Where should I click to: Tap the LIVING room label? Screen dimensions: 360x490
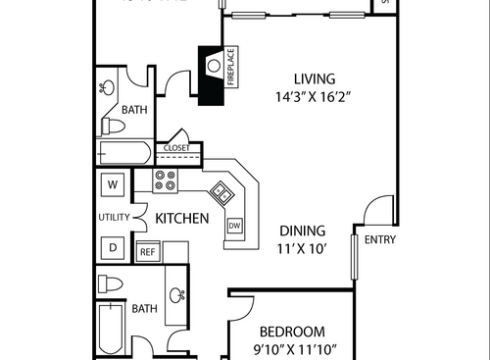315,78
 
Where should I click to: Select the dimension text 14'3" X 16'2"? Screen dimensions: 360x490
315,97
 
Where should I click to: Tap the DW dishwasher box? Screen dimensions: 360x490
234,226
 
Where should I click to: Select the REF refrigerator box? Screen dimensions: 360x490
147,251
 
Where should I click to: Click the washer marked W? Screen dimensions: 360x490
113,183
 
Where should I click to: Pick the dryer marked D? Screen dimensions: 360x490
113,248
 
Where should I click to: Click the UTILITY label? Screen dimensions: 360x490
114,217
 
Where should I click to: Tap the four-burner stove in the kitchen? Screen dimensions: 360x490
165,180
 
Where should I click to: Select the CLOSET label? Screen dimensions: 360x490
176,148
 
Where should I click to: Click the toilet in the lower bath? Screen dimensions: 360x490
112,285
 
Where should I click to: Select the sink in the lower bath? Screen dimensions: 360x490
177,294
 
